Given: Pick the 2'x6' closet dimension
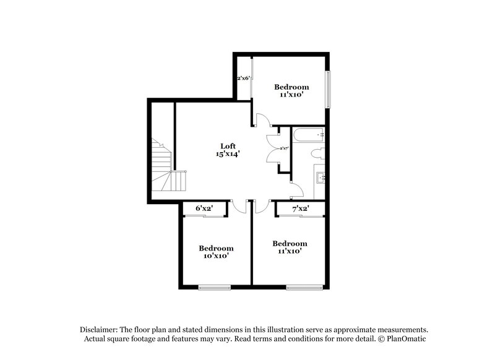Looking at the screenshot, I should tap(243, 79).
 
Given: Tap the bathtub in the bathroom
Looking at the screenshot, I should tap(308, 134).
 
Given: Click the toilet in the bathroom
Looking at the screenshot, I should tap(317, 154).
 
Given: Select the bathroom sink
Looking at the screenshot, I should tap(321, 178).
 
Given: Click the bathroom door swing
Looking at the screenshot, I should tap(296, 192).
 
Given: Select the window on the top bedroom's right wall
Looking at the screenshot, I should tap(329, 89).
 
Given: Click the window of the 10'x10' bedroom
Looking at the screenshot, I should tap(214, 286).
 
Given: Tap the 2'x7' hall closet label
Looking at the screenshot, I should tap(283, 148).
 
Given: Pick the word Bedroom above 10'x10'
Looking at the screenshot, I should tap(216, 248).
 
